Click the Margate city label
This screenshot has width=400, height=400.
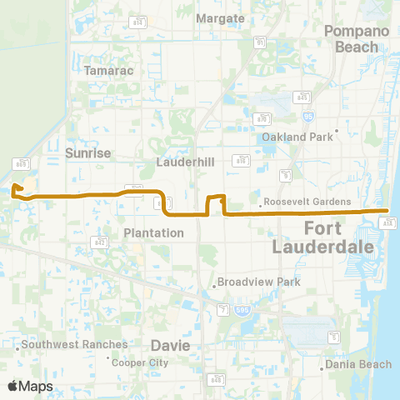click(220, 17)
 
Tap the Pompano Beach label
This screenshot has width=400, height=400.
click(357, 39)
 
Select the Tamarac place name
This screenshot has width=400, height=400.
click(105, 72)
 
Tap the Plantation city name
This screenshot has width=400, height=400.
click(153, 232)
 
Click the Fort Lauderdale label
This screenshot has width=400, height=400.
click(317, 237)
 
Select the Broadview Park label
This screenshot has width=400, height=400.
click(258, 282)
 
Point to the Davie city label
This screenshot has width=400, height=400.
click(170, 345)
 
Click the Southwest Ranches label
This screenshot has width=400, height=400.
click(75, 344)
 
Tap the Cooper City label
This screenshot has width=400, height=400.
click(139, 362)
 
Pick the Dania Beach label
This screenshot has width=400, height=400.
click(358, 364)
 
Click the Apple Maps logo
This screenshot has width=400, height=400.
click(29, 386)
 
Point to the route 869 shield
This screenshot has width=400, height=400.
click(21, 162)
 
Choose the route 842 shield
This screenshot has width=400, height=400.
click(101, 242)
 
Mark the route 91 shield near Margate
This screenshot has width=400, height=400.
click(261, 42)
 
